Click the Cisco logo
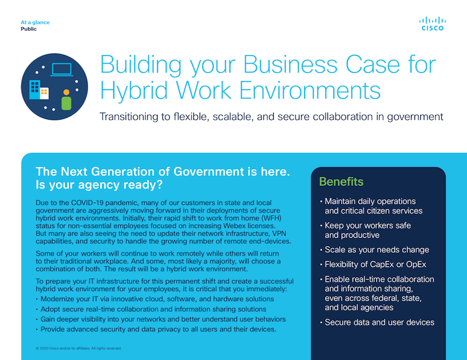[433, 24]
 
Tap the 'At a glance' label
[35, 22]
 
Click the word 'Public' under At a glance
[29, 29]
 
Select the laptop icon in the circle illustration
[62, 69]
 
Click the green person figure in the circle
[66, 100]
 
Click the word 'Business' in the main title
[291, 64]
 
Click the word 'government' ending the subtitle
[415, 117]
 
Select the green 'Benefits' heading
[341, 181]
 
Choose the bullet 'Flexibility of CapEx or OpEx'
[373, 264]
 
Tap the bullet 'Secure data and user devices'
[377, 322]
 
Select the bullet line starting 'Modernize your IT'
[155, 299]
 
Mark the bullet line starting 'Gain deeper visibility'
[161, 319]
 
